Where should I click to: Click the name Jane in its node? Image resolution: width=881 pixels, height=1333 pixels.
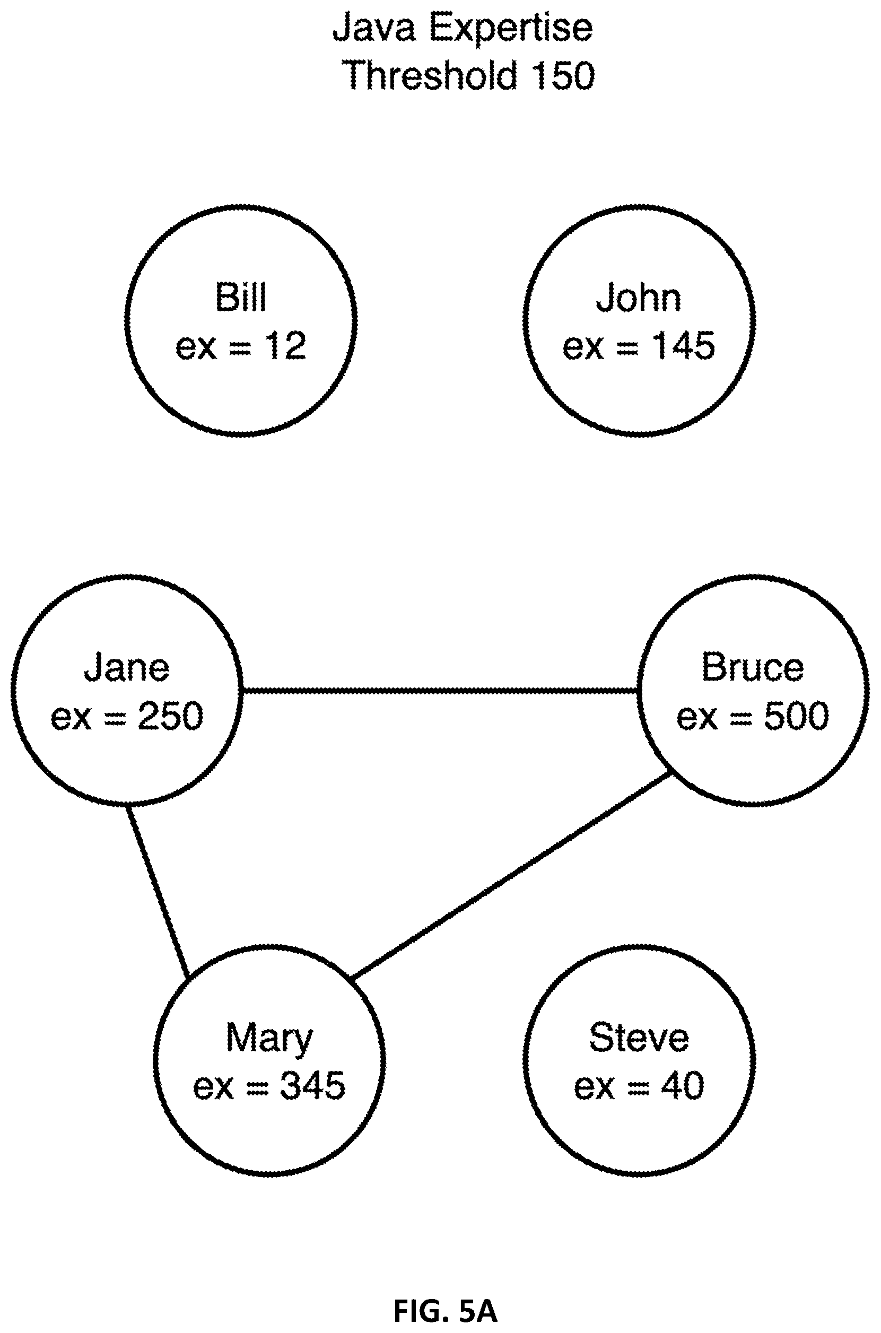click(x=126, y=667)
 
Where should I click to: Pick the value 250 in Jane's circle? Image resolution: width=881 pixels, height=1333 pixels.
click(x=171, y=716)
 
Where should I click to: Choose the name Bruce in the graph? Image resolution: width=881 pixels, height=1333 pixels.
click(x=752, y=667)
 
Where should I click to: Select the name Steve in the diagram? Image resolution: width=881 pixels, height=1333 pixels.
click(x=639, y=1038)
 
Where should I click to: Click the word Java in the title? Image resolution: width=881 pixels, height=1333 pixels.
click(x=374, y=28)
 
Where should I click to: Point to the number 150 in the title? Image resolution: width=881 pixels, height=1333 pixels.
click(x=562, y=75)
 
